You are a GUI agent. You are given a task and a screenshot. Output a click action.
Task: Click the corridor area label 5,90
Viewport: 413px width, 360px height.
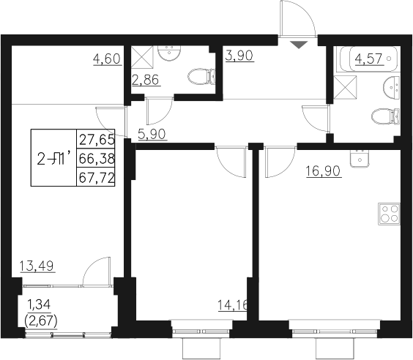(152, 133)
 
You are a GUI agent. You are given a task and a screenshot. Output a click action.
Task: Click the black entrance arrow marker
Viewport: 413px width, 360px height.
(297, 44)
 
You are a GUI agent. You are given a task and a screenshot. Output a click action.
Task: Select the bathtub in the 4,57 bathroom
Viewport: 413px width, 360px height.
(367, 58)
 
